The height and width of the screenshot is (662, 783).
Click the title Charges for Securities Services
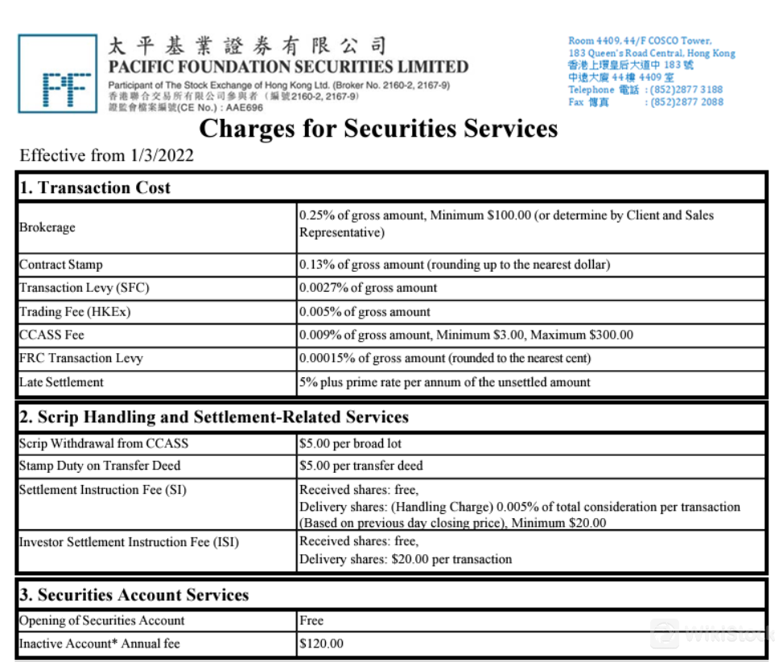point(377,129)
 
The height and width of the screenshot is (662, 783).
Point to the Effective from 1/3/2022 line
point(106,156)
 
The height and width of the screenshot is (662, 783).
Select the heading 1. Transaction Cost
point(96,188)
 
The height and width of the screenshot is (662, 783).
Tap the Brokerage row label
point(47,228)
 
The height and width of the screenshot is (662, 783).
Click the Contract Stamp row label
point(61,265)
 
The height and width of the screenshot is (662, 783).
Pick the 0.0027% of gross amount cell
point(368,288)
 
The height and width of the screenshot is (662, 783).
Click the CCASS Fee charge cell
point(466,335)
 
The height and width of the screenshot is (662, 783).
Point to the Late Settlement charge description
point(444,382)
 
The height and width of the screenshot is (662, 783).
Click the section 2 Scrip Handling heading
point(214,417)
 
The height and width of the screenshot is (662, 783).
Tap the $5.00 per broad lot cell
point(350,443)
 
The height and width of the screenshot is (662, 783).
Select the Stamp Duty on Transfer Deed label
point(100,466)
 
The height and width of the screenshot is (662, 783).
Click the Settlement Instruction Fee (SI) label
point(102,490)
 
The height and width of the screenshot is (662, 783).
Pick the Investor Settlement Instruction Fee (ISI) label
point(129,542)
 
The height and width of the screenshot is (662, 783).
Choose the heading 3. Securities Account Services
point(134,595)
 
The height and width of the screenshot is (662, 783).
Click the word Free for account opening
point(311,621)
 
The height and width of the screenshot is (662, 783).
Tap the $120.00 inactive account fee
point(321,643)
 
